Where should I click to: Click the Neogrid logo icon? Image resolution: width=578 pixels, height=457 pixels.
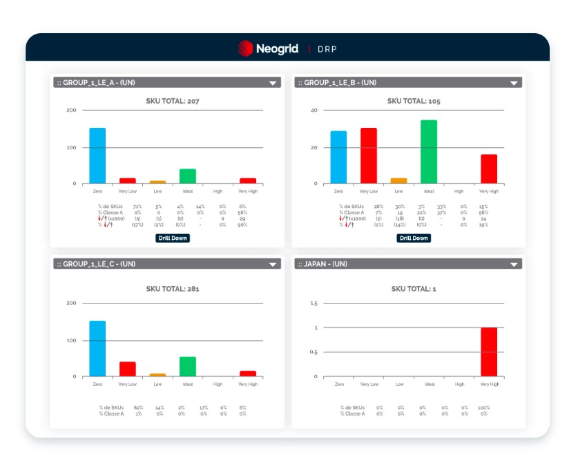click(x=245, y=48)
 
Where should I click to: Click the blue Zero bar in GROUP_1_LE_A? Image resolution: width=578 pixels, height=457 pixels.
click(x=97, y=156)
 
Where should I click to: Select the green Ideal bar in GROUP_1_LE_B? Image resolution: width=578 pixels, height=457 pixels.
click(x=429, y=151)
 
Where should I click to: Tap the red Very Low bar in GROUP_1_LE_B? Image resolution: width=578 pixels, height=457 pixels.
click(x=369, y=156)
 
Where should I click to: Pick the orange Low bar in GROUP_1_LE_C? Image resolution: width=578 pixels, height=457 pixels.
click(x=157, y=375)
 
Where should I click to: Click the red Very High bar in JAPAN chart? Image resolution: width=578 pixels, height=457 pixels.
click(x=489, y=352)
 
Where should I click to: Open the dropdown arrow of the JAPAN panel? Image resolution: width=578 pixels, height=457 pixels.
click(x=514, y=264)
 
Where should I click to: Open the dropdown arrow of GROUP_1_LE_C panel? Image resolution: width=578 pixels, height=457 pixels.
click(x=273, y=264)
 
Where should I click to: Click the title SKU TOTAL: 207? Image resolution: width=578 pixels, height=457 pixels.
click(x=173, y=101)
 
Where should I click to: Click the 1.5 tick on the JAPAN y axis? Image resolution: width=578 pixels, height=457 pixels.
click(x=314, y=303)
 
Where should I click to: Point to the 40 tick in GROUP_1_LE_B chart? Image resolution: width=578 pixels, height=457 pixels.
click(x=314, y=111)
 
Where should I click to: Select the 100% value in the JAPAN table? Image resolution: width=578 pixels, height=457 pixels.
click(x=483, y=408)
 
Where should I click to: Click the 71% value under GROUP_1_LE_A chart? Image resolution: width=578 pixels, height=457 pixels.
click(x=137, y=206)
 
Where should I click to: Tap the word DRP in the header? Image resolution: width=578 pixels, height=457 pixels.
click(x=327, y=49)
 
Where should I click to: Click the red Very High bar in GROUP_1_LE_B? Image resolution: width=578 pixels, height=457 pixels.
click(x=489, y=169)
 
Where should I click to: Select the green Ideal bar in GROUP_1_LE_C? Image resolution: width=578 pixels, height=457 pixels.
click(x=188, y=366)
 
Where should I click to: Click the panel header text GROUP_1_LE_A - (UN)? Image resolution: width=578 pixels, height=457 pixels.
click(x=99, y=82)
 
